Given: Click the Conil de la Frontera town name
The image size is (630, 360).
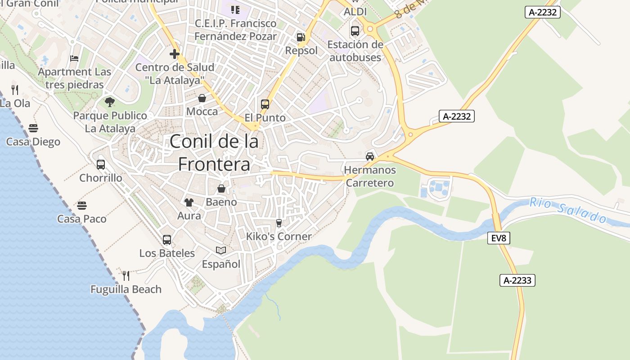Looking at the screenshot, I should coord(214,153).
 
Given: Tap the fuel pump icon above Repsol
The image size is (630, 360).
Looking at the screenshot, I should coord(301,37).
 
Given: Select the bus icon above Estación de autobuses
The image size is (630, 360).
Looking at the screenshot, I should coord(355,31).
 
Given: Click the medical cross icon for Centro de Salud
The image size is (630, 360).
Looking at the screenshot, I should coord(175,54).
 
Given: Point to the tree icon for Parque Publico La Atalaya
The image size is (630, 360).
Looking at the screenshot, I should coord(110,102).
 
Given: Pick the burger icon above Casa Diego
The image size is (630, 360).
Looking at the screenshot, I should coord(33,128).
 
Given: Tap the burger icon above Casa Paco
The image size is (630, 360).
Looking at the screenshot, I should coord(82,206).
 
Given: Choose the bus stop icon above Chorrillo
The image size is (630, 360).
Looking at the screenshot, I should coord(101,165).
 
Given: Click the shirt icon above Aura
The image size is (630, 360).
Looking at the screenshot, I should coord(189,202).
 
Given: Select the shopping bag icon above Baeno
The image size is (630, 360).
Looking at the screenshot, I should coord(221,189).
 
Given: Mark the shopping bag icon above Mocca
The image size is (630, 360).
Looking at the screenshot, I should coord(202,98).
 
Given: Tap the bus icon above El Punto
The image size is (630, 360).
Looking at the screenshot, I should coord(265,104).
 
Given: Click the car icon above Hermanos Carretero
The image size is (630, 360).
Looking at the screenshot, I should coord(370,157).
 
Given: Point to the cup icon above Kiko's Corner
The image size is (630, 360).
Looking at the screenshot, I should coord(279,223).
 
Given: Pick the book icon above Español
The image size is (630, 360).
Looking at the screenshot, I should coord(221,250).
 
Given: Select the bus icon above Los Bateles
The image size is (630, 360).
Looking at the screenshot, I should coord(167,240).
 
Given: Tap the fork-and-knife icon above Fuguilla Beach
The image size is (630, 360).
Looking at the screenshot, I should coord(126,275).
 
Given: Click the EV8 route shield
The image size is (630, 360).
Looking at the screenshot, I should coord(499,238).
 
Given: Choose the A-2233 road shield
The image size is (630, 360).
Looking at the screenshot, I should coord(517,280).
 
